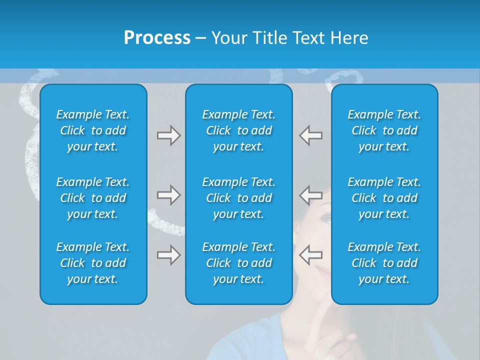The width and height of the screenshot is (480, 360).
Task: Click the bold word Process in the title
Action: pyautogui.click(x=157, y=38)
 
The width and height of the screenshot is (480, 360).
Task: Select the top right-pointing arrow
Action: pyautogui.click(x=168, y=135)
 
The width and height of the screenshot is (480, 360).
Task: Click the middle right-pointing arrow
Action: pyautogui.click(x=168, y=194)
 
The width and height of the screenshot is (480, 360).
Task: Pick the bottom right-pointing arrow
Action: pyautogui.click(x=168, y=255)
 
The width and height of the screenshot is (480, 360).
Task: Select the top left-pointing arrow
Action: pyautogui.click(x=310, y=135)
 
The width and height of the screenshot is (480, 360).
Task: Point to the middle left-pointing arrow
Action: pyautogui.click(x=310, y=194)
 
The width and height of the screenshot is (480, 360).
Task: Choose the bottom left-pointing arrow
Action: pyautogui.click(x=310, y=255)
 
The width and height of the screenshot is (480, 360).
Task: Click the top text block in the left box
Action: pyautogui.click(x=93, y=130)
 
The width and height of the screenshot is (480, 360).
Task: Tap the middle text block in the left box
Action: pyautogui.click(x=93, y=198)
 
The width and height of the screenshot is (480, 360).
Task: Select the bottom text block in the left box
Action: pyautogui.click(x=93, y=263)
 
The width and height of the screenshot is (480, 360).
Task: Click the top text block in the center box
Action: pyautogui.click(x=238, y=130)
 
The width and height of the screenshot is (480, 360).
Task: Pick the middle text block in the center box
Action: pyautogui.click(x=238, y=198)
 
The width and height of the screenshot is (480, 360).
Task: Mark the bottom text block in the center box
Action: pyautogui.click(x=238, y=263)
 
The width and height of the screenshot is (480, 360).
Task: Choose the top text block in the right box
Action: pyautogui.click(x=384, y=130)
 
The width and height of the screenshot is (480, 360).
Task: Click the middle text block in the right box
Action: pyautogui.click(x=384, y=198)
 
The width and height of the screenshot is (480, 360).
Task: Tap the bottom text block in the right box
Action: pyautogui.click(x=384, y=263)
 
